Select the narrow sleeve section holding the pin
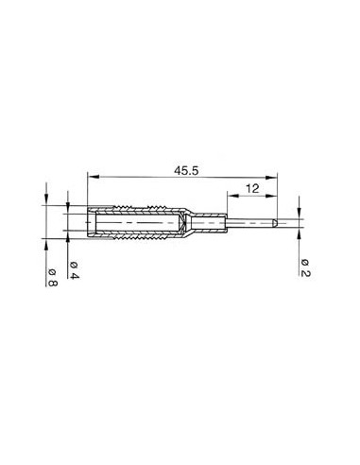click(x=213, y=223)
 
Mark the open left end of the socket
click(x=89, y=223)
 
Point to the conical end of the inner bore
click(x=177, y=224)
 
